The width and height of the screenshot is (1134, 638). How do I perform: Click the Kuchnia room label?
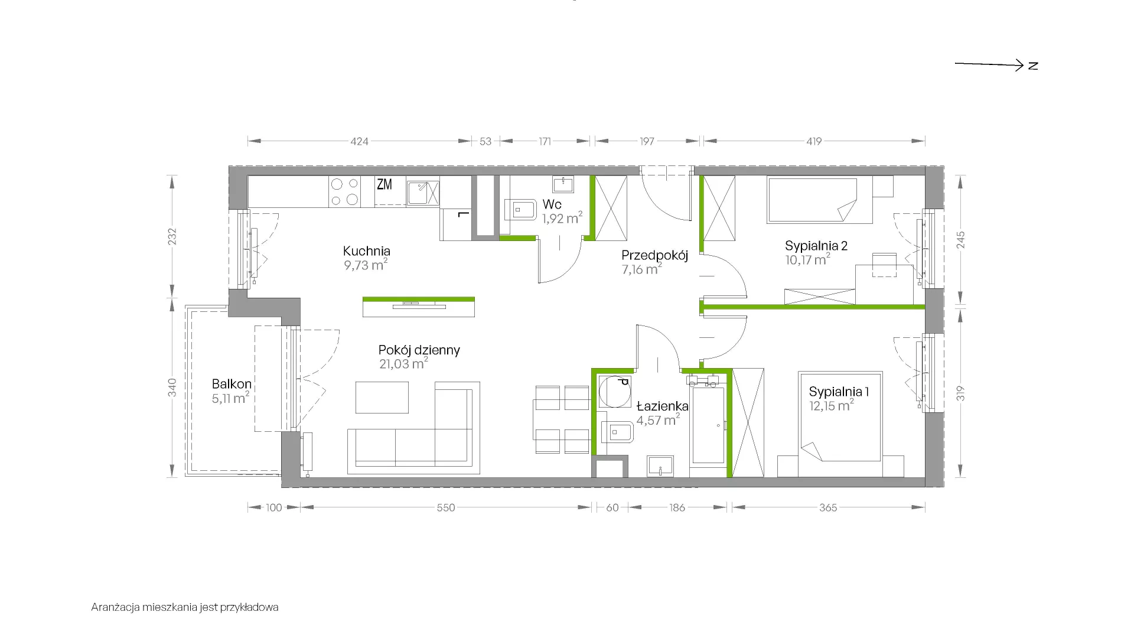[366, 251]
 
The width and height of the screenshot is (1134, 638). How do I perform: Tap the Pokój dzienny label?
[419, 350]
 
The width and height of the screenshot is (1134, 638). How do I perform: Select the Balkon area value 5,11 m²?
[230, 398]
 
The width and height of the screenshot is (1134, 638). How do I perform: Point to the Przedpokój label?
[655, 256]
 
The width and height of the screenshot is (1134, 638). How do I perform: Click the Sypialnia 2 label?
[816, 246]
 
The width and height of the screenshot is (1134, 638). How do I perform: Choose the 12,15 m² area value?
[832, 405]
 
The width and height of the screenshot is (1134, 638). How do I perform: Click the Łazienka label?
[662, 406]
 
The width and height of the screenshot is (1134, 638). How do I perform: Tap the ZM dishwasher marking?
[384, 184]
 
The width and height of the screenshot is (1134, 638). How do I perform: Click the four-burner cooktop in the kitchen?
[345, 192]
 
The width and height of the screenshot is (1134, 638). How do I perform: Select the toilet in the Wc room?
[520, 209]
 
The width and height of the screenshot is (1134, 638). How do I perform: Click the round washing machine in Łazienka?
[614, 391]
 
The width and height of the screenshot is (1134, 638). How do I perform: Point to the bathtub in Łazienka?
[708, 425]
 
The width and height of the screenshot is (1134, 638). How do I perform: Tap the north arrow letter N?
[1033, 66]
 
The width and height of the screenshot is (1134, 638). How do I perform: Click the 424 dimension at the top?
[359, 141]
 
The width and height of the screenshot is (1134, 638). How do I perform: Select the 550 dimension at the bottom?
[446, 507]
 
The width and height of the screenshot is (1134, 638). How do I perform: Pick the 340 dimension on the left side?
[172, 387]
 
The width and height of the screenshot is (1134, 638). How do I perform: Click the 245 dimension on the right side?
[961, 240]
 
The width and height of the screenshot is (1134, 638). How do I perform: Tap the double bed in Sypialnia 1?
[840, 424]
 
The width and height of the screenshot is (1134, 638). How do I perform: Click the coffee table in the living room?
[382, 397]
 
